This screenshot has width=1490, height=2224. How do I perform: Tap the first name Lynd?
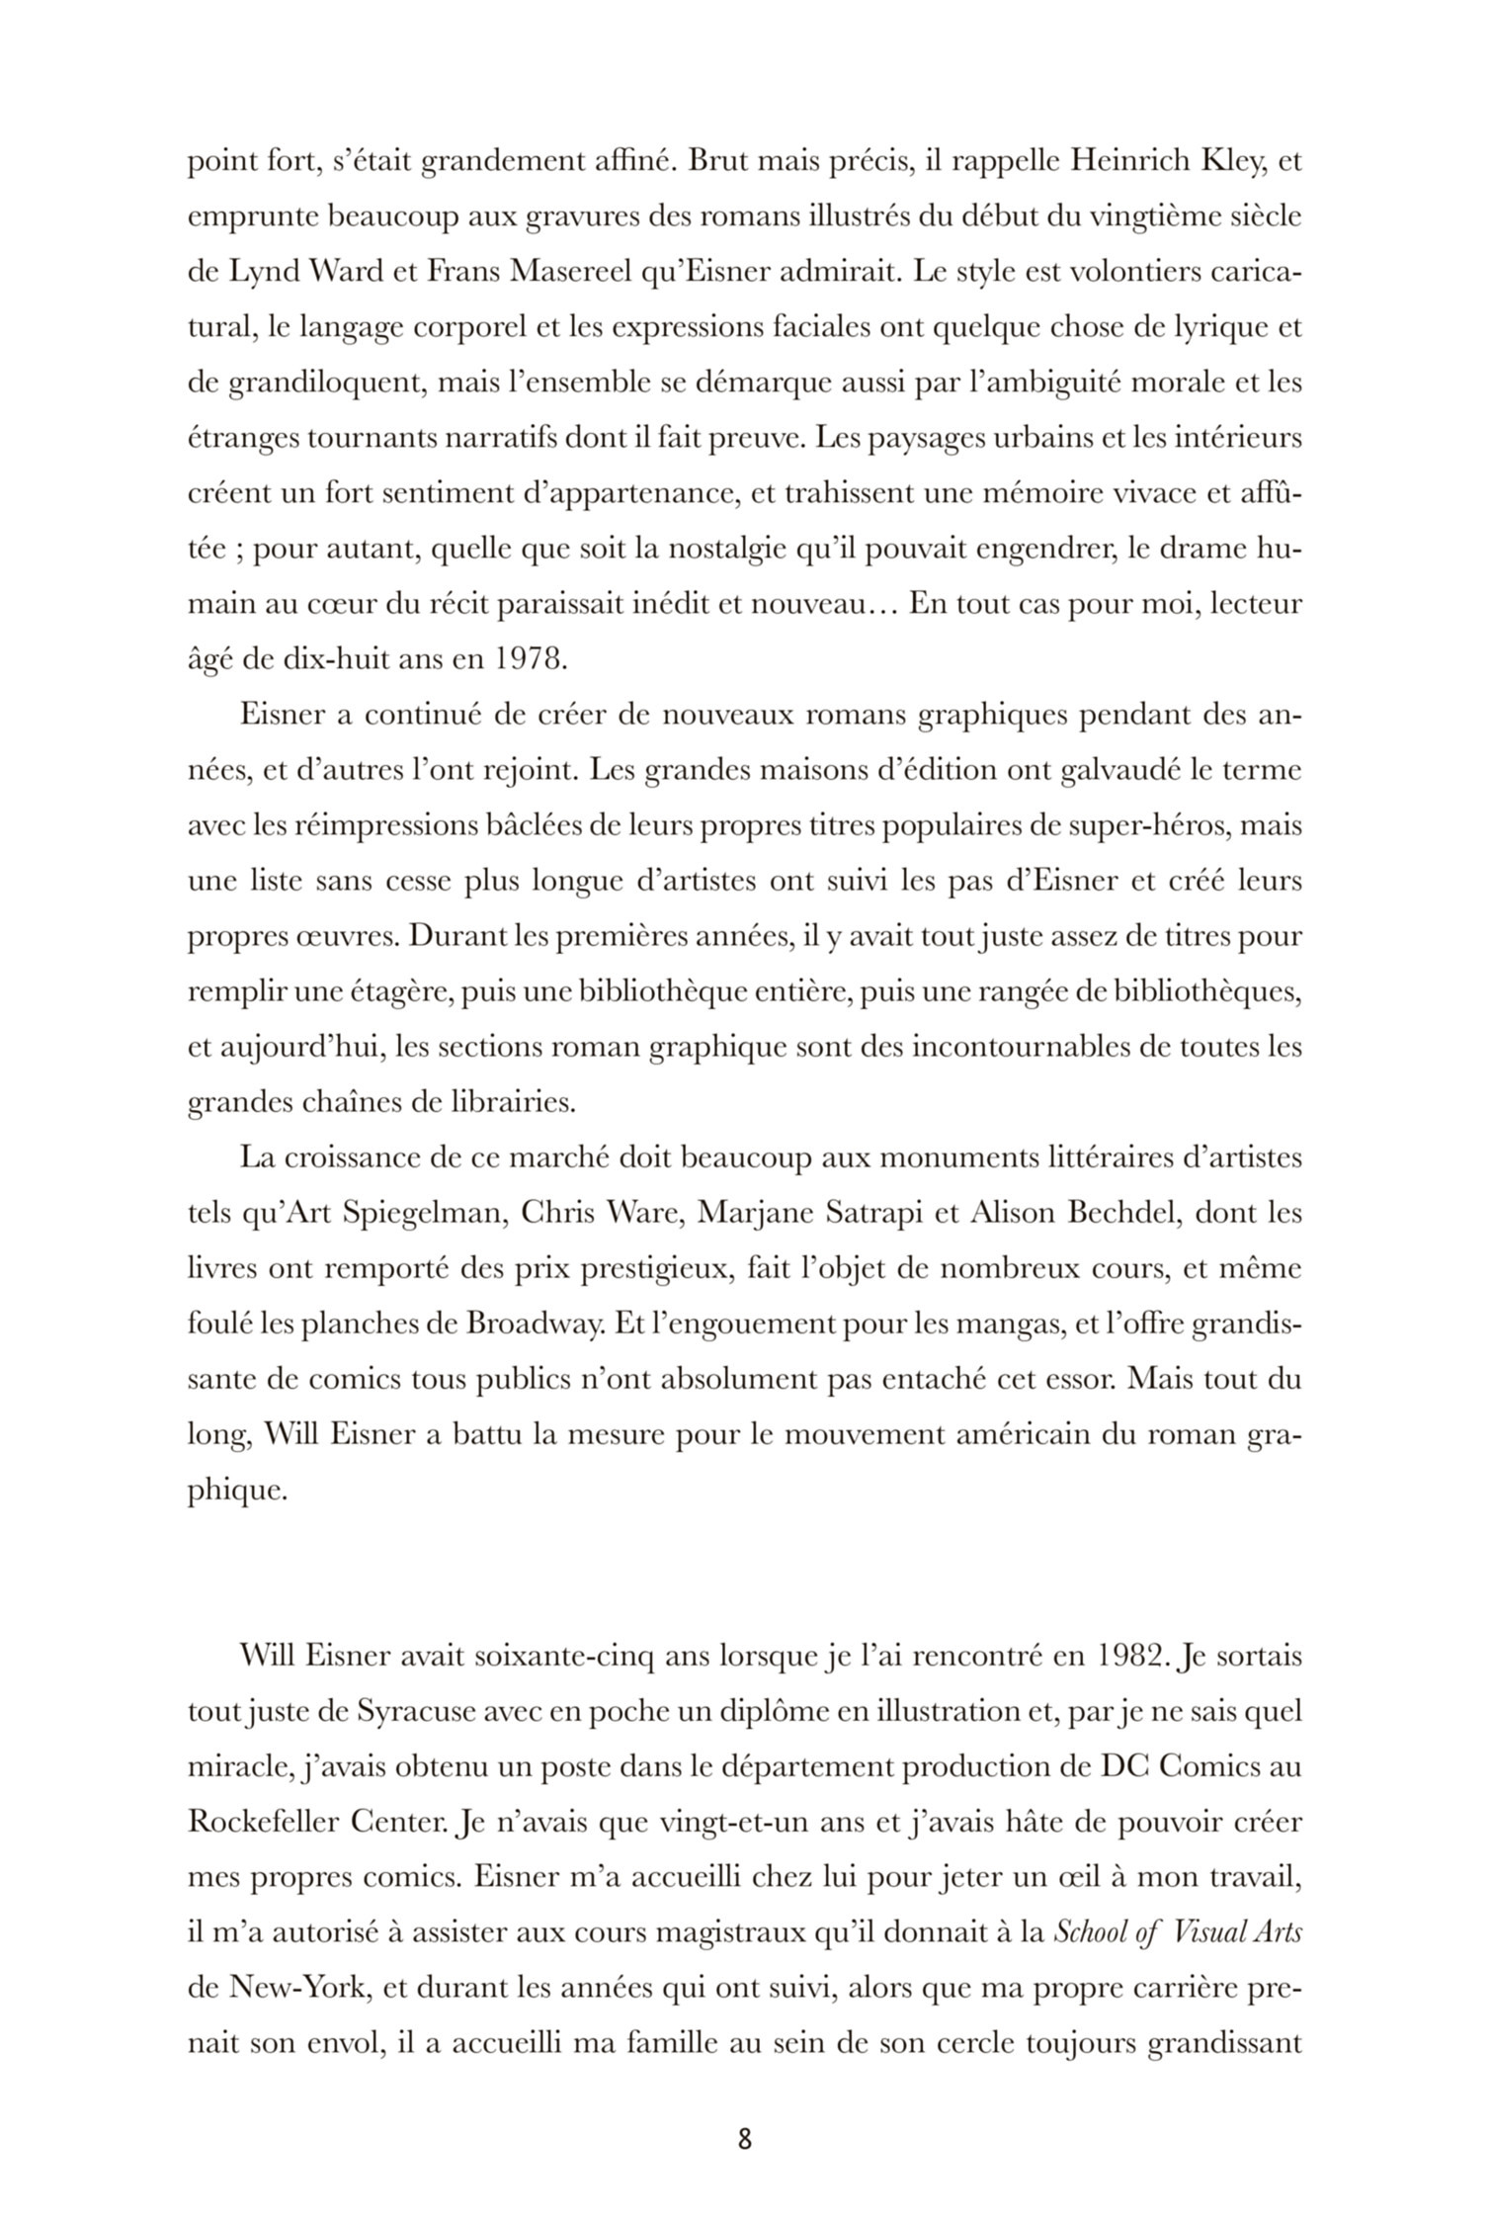[264, 271]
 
